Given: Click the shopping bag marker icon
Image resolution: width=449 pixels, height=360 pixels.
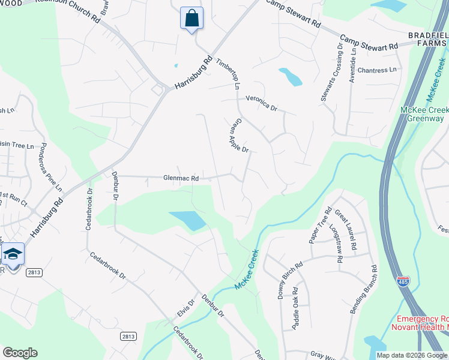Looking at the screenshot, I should pyautogui.click(x=191, y=18).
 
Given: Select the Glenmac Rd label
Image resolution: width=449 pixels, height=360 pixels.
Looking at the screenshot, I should pyautogui.click(x=181, y=178).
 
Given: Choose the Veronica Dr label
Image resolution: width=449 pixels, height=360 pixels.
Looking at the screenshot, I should pyautogui.click(x=261, y=104).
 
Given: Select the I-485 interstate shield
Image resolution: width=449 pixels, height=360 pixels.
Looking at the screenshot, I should pyautogui.click(x=402, y=280).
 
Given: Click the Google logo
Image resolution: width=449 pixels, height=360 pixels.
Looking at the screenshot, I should pyautogui.click(x=20, y=353).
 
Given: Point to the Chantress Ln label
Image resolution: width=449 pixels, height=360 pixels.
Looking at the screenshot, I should pyautogui.click(x=377, y=70).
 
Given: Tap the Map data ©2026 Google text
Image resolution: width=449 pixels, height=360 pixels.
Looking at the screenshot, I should pyautogui.click(x=412, y=355).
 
